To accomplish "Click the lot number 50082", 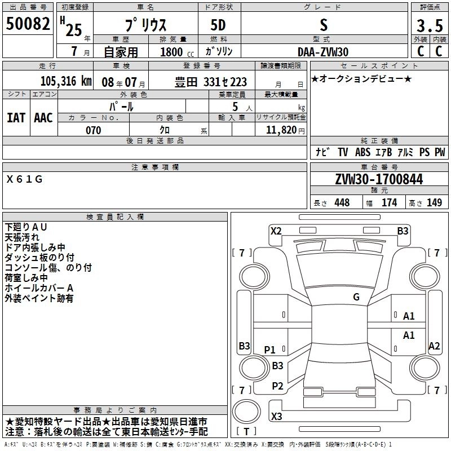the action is (x=29, y=25).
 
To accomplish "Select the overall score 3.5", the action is (x=429, y=25).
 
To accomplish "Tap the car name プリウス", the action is (x=144, y=25).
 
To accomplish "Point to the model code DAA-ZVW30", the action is (x=323, y=51).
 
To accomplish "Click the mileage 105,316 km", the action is (x=66, y=81).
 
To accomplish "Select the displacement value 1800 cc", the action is (x=173, y=51).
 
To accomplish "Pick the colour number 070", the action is (x=93, y=130).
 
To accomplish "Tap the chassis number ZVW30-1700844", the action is (x=379, y=179).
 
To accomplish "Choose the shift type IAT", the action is (x=16, y=118).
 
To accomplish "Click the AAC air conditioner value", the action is (x=43, y=118).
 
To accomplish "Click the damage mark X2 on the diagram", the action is (x=276, y=231).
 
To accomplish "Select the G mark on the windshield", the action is (x=356, y=297).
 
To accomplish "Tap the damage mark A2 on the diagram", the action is (x=434, y=346).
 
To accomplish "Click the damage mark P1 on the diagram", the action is (x=270, y=350).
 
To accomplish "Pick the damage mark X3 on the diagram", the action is (x=276, y=417).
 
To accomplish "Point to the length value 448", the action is (x=342, y=203).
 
